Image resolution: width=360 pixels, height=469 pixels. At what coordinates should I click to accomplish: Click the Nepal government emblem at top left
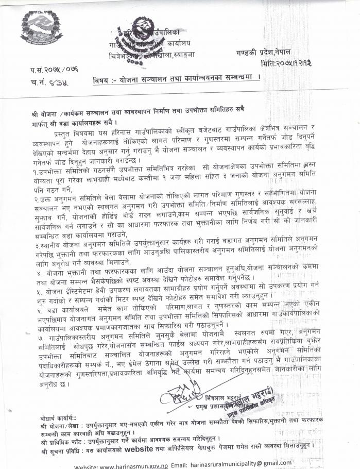point(39,29)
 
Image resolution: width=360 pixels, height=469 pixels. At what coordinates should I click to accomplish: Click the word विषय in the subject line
point(101,81)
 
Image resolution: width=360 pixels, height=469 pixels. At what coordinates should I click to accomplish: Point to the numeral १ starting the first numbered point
point(32,169)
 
